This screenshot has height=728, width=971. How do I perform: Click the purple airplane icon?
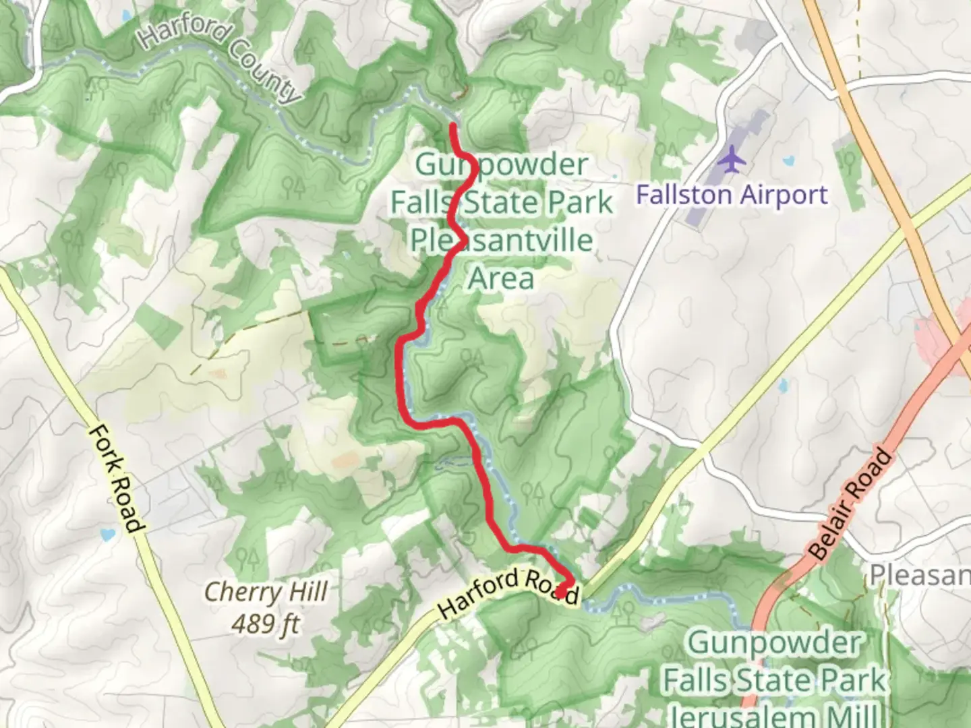coord(732,160)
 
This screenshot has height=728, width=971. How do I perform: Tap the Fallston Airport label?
coord(732,195)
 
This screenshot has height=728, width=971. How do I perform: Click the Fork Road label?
coord(116,478)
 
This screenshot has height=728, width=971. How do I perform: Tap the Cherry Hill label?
coord(266,593)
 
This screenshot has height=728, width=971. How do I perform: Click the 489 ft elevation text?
coord(266,624)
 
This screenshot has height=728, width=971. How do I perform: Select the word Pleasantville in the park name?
coord(502,240)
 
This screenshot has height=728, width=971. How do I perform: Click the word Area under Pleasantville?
coord(501,278)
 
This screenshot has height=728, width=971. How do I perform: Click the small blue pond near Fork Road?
coord(106,536)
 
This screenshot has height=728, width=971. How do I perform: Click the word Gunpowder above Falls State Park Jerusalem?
coord(774,643)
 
